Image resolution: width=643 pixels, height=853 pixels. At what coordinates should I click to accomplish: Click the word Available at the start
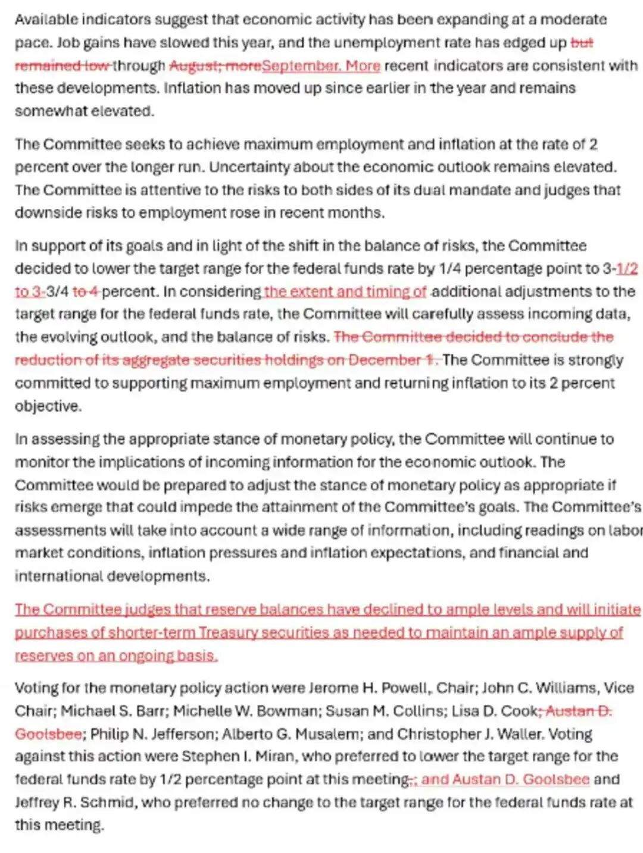click(x=46, y=20)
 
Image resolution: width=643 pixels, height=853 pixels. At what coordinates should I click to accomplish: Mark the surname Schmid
click(x=110, y=802)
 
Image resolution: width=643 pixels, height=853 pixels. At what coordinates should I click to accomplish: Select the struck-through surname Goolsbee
click(x=48, y=734)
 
